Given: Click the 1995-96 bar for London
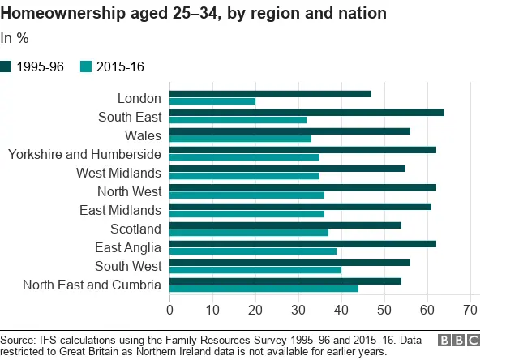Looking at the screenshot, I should coord(270,94).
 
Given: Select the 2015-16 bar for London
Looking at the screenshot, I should coord(212,102).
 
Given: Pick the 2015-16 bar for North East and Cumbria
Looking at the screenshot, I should coord(264,289).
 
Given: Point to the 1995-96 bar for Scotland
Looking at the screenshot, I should coord(285,225).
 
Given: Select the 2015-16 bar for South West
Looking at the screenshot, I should coord(255,270).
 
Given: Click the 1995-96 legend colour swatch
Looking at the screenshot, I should coord(7,67).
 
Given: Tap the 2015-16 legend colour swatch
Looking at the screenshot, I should coord(87,67).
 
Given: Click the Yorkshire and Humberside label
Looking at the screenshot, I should coord(84,154).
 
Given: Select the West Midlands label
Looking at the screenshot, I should coord(118,173).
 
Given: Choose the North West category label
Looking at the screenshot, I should coord(129,191).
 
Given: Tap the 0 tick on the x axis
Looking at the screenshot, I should coord(169,310).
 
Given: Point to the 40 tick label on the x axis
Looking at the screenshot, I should coord(341,310).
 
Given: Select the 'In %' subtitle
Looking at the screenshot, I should coord(15,38).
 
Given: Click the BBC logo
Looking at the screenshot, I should coord(458,341).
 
